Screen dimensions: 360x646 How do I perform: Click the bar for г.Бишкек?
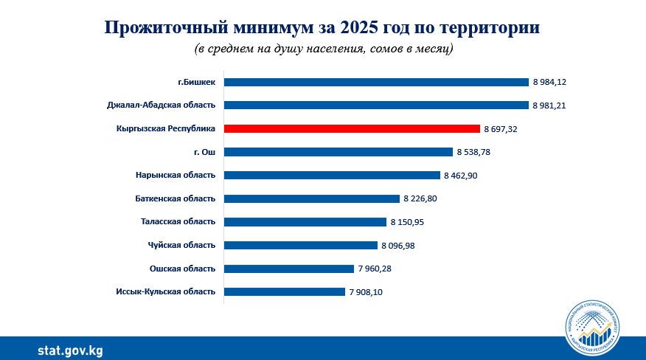376,82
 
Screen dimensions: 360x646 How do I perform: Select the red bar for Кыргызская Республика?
352,128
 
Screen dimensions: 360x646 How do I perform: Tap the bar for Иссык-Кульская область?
284,291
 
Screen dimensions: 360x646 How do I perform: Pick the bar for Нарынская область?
332,175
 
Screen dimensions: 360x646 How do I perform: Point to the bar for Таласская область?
305,221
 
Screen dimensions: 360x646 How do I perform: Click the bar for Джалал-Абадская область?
376,105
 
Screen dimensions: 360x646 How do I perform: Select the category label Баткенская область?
176,198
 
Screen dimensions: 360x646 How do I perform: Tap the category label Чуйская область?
182,245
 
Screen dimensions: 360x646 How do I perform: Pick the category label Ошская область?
182,269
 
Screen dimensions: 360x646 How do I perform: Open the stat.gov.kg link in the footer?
70,349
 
